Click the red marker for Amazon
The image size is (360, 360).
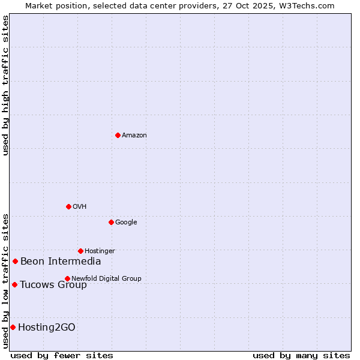[x=118, y=135]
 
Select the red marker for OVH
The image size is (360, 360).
[x=68, y=206]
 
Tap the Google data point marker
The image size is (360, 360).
[x=111, y=222]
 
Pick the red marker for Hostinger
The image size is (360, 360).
[x=80, y=251]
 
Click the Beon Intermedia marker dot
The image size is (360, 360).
[x=15, y=261]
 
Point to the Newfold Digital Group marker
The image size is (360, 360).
[x=67, y=278]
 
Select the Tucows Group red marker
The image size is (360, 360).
[x=14, y=284]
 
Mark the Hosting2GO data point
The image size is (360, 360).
[x=13, y=327]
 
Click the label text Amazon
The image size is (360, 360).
[x=134, y=136]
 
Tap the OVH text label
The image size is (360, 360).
[x=80, y=207]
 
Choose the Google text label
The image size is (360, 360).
[x=126, y=223]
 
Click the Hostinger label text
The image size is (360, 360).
[x=100, y=251]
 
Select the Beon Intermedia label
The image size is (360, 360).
[x=61, y=262]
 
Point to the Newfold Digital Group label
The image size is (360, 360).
[x=106, y=278]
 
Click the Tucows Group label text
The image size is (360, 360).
[x=53, y=284]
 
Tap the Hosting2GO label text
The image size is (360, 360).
[x=47, y=327]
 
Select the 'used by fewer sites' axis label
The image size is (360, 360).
[x=62, y=355]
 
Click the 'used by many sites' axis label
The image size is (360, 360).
[x=301, y=355]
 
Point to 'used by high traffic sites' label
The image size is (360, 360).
[x=5, y=85]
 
